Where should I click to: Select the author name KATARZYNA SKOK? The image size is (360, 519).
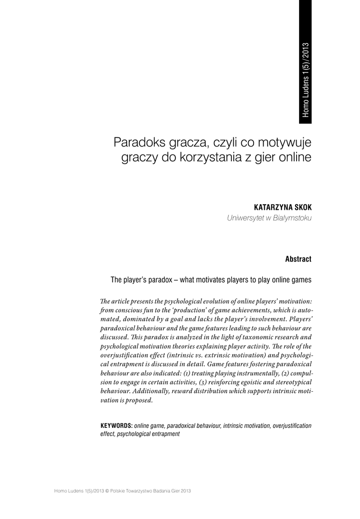pyautogui.click(x=282, y=208)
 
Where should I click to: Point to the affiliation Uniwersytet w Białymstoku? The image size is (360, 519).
pyautogui.click(x=269, y=218)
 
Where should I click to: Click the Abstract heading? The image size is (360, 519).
pyautogui.click(x=298, y=259)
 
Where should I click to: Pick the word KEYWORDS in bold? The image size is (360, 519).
pyautogui.click(x=117, y=425)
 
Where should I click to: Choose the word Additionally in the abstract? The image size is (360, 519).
pyautogui.click(x=151, y=391)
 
